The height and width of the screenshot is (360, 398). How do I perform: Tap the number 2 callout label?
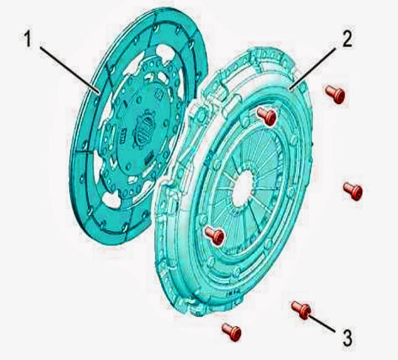347,38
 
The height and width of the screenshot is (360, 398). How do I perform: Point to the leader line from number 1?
69,69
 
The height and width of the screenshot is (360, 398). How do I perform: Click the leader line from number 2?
314,69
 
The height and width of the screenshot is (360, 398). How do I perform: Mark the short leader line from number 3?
323,323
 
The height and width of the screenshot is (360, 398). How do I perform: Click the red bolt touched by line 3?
301,310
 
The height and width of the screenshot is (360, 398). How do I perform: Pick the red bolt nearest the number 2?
334,95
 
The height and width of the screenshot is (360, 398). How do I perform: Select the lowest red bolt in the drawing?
231,332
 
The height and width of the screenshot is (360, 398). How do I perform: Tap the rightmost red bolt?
352,191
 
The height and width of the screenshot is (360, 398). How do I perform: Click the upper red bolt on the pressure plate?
267,116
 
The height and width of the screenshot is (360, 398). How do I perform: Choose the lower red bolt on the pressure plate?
214,236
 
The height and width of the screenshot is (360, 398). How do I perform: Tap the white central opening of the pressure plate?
243,189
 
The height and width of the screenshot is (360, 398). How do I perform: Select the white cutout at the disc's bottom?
111,200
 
